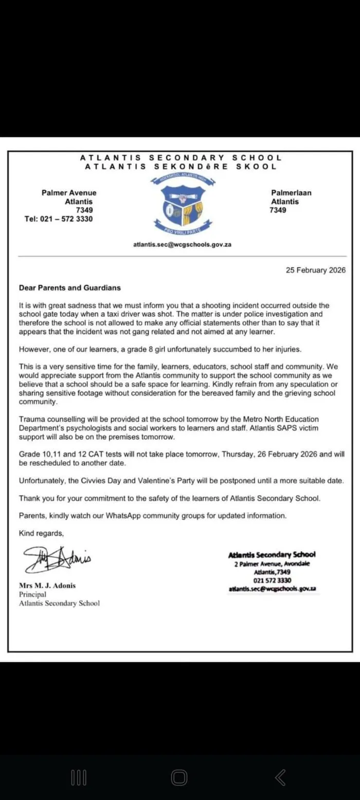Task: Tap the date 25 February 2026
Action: pyautogui.click(x=316, y=270)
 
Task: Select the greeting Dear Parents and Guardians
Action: pyautogui.click(x=69, y=288)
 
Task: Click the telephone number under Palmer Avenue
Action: pyautogui.click(x=59, y=219)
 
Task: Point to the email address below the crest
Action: pyautogui.click(x=182, y=244)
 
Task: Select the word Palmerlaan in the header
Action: pyautogui.click(x=291, y=193)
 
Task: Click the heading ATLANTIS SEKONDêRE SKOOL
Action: pyautogui.click(x=181, y=167)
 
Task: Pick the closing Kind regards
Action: pyautogui.click(x=41, y=533)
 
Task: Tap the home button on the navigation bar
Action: pyautogui.click(x=179, y=778)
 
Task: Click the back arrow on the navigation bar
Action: pyautogui.click(x=280, y=778)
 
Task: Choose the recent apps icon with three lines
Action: pyautogui.click(x=79, y=778)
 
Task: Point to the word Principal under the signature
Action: pyautogui.click(x=32, y=594)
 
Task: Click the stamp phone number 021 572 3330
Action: pyautogui.click(x=272, y=580)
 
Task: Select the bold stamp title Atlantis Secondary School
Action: pyautogui.click(x=272, y=555)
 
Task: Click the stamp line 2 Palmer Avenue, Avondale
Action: pyautogui.click(x=272, y=564)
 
